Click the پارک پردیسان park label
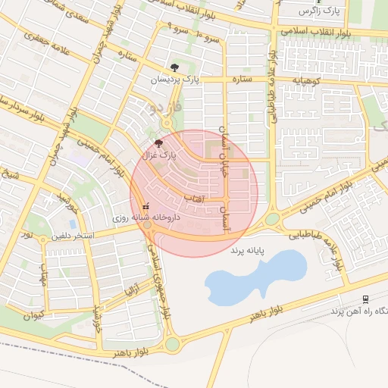[177, 80]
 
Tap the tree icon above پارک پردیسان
[177, 67]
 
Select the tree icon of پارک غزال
[158, 142]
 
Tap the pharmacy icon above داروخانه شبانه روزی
[145, 206]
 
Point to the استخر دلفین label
[74, 236]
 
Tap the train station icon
[365, 299]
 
